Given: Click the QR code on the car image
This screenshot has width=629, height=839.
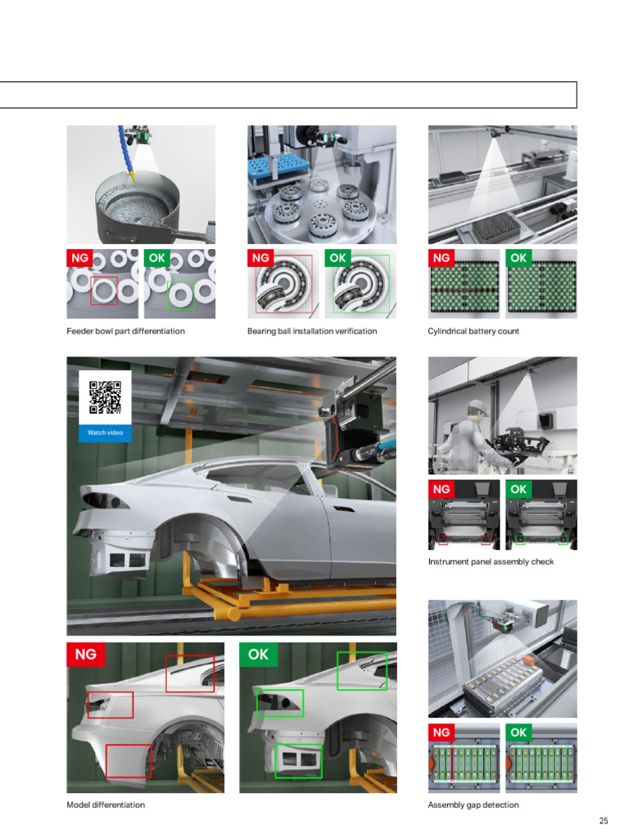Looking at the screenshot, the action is tap(106, 397).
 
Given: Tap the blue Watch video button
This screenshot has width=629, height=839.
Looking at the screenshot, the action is tap(105, 433).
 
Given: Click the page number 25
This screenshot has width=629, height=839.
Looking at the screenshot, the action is tap(604, 820).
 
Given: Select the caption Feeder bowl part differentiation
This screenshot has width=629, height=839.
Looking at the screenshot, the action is tap(125, 331).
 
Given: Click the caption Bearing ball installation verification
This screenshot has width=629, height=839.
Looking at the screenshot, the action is tap(312, 331).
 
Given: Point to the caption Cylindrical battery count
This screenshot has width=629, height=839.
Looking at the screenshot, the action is tap(473, 331).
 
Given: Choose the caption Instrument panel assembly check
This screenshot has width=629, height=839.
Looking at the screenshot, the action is tap(491, 562).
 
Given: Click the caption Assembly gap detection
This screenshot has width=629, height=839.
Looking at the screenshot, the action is tap(473, 805).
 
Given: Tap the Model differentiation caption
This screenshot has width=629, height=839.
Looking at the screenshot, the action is tap(106, 805).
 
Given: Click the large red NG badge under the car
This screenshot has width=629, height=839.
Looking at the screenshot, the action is tap(85, 655).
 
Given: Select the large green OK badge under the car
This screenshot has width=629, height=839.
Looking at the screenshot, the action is tap(258, 655).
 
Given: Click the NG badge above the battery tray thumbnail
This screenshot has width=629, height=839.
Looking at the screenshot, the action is tap(441, 258).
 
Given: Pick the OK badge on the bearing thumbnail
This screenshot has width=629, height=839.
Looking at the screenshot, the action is tap(337, 258).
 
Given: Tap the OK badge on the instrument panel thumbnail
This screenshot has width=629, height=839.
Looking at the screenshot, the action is tap(518, 489).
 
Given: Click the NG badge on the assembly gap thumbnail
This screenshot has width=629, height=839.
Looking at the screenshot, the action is tap(441, 732).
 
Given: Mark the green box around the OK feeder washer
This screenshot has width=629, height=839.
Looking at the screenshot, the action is tap(167, 295).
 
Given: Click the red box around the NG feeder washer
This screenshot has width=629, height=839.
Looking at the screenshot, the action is tap(90, 291).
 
